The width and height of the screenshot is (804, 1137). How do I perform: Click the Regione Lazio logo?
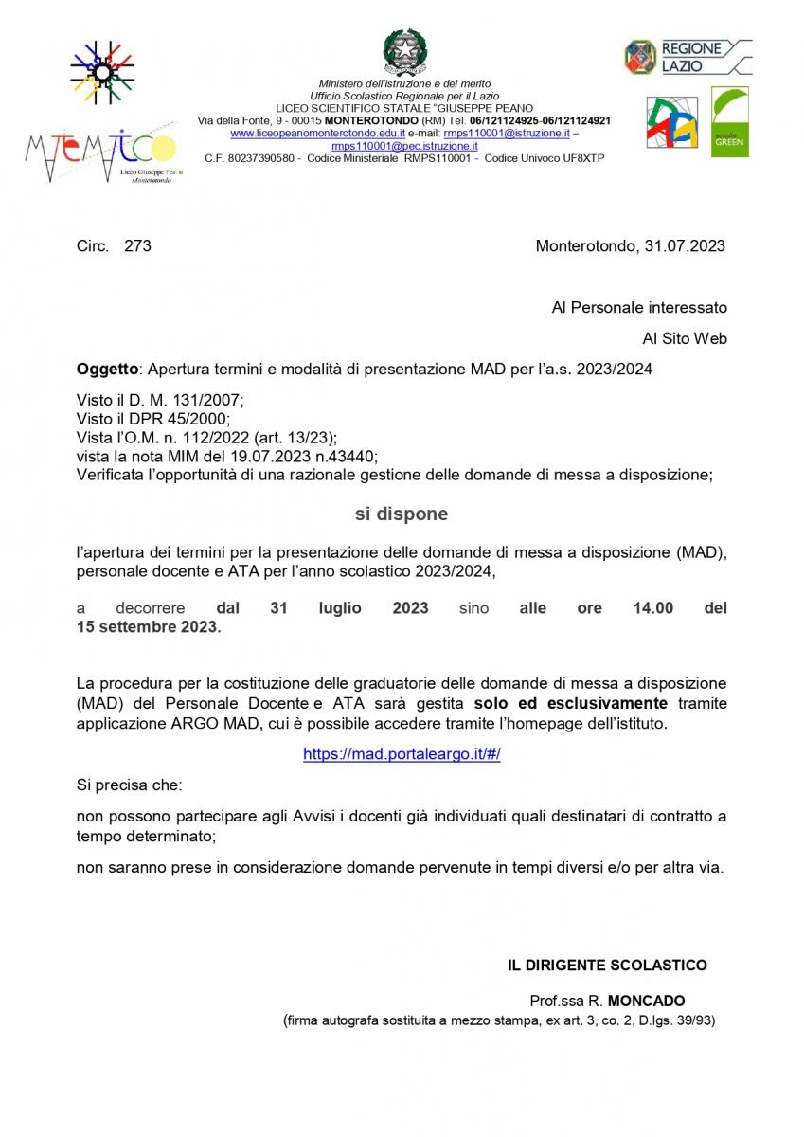pos(688,58)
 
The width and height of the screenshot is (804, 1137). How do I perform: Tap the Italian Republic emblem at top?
pos(404,52)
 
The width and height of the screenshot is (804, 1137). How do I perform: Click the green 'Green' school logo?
pos(729,122)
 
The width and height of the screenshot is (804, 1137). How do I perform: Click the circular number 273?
pos(137,246)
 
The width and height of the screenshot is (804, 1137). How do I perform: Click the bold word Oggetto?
pos(107,369)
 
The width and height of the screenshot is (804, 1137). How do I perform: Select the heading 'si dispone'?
pos(402,514)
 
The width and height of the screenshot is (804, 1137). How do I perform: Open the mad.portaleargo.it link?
pos(402,754)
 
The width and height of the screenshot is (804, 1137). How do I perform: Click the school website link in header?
pos(311,135)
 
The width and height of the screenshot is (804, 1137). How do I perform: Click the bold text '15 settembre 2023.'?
pos(149,627)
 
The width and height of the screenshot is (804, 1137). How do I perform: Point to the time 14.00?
pos(652,608)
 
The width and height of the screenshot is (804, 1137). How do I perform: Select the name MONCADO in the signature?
pos(646,1001)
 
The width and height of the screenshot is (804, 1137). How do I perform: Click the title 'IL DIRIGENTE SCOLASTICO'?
pos(607,966)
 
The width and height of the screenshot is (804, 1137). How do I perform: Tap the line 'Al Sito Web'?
pos(685,338)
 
